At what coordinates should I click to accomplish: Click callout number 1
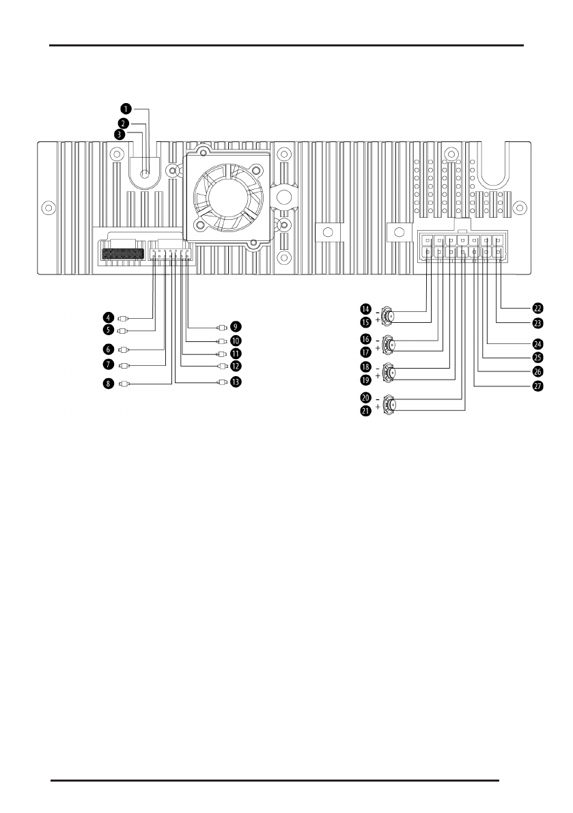(126, 109)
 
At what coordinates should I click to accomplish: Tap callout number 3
(120, 134)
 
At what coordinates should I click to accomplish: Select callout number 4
(109, 317)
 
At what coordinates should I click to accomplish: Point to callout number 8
(109, 384)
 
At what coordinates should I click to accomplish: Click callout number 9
(236, 326)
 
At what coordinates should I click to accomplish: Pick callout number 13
(236, 383)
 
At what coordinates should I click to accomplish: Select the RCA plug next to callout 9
(220, 326)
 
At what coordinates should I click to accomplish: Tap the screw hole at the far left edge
(48, 206)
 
